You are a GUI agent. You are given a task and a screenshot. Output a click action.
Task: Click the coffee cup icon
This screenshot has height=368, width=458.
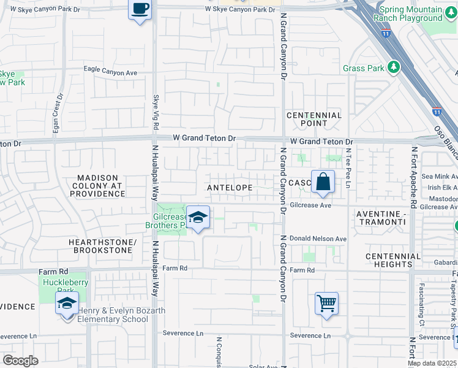(140, 10)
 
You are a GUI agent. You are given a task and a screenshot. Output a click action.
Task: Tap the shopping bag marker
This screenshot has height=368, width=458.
(323, 182)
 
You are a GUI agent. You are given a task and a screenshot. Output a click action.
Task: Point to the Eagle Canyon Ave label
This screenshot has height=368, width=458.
(110, 72)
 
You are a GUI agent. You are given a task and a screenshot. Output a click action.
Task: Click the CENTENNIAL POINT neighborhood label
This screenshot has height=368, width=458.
(314, 119)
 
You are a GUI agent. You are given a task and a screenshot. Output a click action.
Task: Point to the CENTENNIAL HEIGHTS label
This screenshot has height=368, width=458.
(393, 260)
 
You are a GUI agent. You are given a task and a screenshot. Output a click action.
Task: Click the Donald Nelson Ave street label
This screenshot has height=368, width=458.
(318, 239)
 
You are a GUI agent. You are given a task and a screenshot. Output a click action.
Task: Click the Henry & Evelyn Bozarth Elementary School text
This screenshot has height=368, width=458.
(121, 315)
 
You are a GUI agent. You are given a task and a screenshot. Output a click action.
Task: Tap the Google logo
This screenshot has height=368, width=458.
(20, 361)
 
